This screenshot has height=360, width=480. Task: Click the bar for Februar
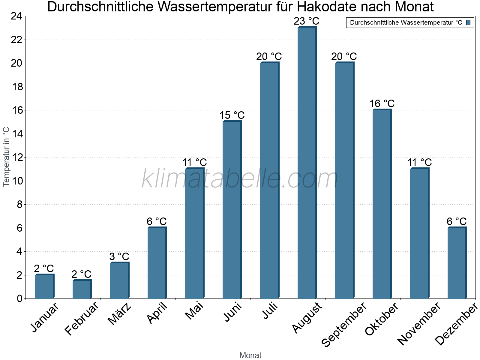click(82, 289)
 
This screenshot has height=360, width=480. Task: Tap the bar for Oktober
click(382, 204)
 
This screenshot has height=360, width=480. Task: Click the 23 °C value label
click(306, 21)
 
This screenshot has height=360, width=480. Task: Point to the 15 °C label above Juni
click(232, 115)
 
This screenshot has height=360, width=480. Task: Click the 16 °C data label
click(382, 103)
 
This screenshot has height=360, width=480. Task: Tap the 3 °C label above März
click(119, 256)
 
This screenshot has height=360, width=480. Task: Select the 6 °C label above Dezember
click(457, 221)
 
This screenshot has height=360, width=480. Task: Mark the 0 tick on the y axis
click(20, 298)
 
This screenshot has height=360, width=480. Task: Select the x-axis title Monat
click(250, 355)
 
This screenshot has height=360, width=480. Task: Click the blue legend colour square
click(469, 22)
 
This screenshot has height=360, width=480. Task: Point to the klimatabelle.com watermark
click(240, 179)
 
